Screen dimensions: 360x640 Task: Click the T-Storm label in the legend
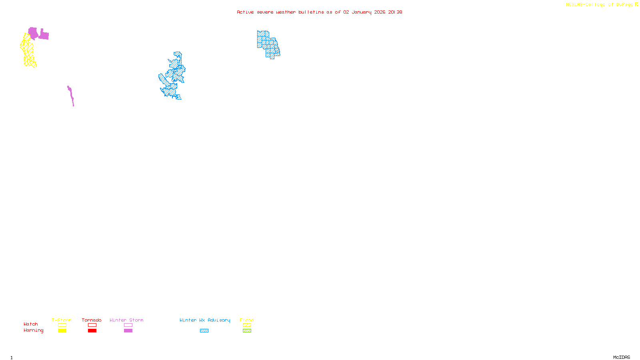[x=61, y=320]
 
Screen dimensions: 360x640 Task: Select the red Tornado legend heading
[x=92, y=320]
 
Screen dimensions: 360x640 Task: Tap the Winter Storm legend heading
[x=126, y=320]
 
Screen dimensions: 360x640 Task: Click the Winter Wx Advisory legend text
[x=205, y=320]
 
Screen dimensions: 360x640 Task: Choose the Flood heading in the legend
[x=247, y=320]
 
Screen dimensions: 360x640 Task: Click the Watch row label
[x=31, y=324]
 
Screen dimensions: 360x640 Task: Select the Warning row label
[x=33, y=330]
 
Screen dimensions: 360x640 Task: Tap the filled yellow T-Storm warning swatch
[x=62, y=331]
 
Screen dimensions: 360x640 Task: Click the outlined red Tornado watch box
[x=92, y=325]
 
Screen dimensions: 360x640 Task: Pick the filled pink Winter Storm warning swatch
[x=128, y=331]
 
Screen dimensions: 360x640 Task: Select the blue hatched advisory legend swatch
[x=204, y=331]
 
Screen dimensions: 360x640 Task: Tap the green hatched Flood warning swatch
[x=247, y=331]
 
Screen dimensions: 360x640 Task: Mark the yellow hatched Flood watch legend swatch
[x=247, y=325]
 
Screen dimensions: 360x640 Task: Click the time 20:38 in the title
[x=395, y=12]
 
